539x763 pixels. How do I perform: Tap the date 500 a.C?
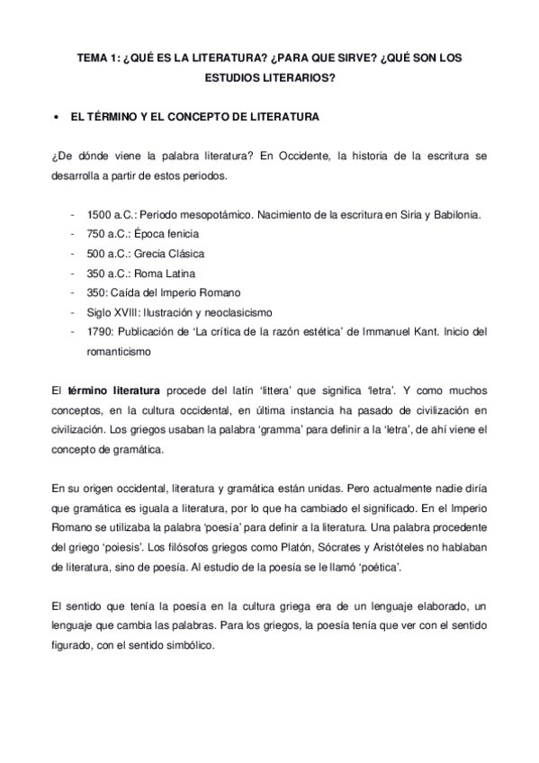point(108,253)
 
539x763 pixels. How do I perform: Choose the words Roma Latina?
point(166,273)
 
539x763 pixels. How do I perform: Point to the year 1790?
point(99,332)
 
